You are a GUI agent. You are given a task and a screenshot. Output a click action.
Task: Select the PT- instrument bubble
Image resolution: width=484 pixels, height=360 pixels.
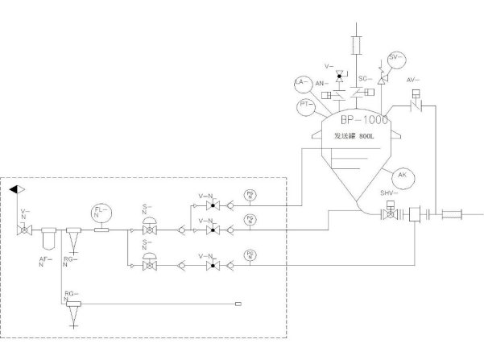(306, 106)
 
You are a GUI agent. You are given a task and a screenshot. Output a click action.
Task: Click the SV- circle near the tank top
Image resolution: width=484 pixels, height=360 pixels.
(395, 58)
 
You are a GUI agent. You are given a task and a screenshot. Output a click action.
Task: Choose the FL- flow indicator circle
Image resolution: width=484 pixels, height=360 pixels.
(101, 213)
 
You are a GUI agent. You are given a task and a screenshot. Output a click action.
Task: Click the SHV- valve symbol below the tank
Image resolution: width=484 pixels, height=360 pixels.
(391, 214)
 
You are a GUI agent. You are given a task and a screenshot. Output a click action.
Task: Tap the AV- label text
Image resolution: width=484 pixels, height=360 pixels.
(412, 80)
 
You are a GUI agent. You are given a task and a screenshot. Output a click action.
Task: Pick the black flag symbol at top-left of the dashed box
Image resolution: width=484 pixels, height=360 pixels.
(16, 188)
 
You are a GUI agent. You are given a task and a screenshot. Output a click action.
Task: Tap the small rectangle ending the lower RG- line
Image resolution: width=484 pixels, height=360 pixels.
(238, 304)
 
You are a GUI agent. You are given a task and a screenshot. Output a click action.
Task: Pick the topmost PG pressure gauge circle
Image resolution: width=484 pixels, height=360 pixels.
(250, 194)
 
